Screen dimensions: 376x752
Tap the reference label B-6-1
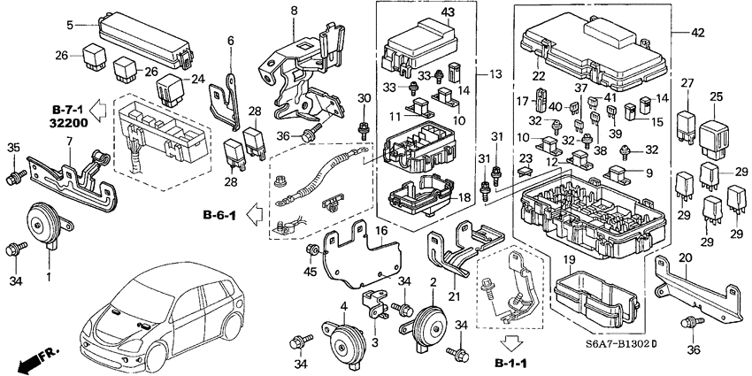pyautogui.click(x=218, y=214)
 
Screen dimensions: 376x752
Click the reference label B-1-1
pyautogui.click(x=512, y=364)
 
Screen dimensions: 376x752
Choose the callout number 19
pyautogui.click(x=570, y=260)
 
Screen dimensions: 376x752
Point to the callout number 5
pyautogui.click(x=69, y=23)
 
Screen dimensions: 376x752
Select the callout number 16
pyautogui.click(x=382, y=230)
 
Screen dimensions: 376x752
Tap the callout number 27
pyautogui.click(x=687, y=83)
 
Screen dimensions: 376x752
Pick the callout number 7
pyautogui.click(x=69, y=142)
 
